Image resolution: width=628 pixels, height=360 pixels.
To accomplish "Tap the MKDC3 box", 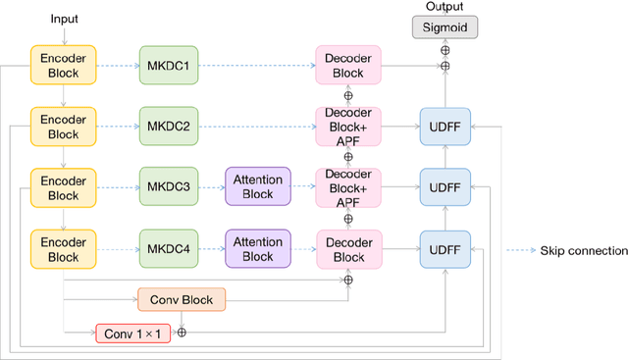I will [168, 186].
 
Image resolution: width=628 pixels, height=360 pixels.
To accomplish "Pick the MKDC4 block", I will [168, 247].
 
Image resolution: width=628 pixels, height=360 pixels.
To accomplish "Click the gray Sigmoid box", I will [445, 26].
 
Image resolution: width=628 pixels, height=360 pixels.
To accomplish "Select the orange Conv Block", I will [182, 298].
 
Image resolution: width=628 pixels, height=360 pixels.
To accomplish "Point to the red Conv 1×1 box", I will [131, 334].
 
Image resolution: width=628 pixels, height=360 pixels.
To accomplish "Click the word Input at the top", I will [63, 19].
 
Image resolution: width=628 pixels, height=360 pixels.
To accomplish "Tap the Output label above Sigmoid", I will [444, 7].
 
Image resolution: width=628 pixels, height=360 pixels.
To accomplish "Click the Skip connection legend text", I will [583, 251].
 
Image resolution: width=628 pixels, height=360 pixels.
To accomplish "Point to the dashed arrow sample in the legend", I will [519, 251].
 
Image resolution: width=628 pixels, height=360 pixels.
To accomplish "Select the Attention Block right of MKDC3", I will [257, 186].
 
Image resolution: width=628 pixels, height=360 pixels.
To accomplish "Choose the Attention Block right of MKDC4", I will [257, 247].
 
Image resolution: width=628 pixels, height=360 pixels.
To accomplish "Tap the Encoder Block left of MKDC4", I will [63, 247].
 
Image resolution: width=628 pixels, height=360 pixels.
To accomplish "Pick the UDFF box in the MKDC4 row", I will [445, 247].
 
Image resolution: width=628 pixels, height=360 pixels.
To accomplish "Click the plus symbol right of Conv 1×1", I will [181, 334].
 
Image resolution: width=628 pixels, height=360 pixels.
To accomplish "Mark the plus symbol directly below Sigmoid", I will [445, 48].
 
